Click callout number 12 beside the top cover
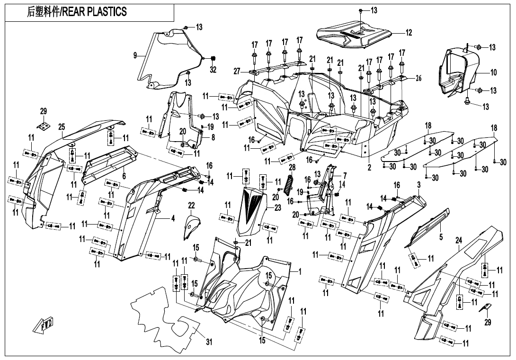(x=408, y=33)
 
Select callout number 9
(x=135, y=55)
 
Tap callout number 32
(x=213, y=70)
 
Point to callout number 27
(x=237, y=71)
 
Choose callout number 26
(x=418, y=79)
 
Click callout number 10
(x=493, y=72)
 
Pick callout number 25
(x=62, y=126)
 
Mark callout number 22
(x=191, y=205)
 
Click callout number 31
(x=209, y=342)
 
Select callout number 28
(x=292, y=167)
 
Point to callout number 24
(x=458, y=241)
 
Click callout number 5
(x=440, y=236)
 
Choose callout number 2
(x=369, y=167)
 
